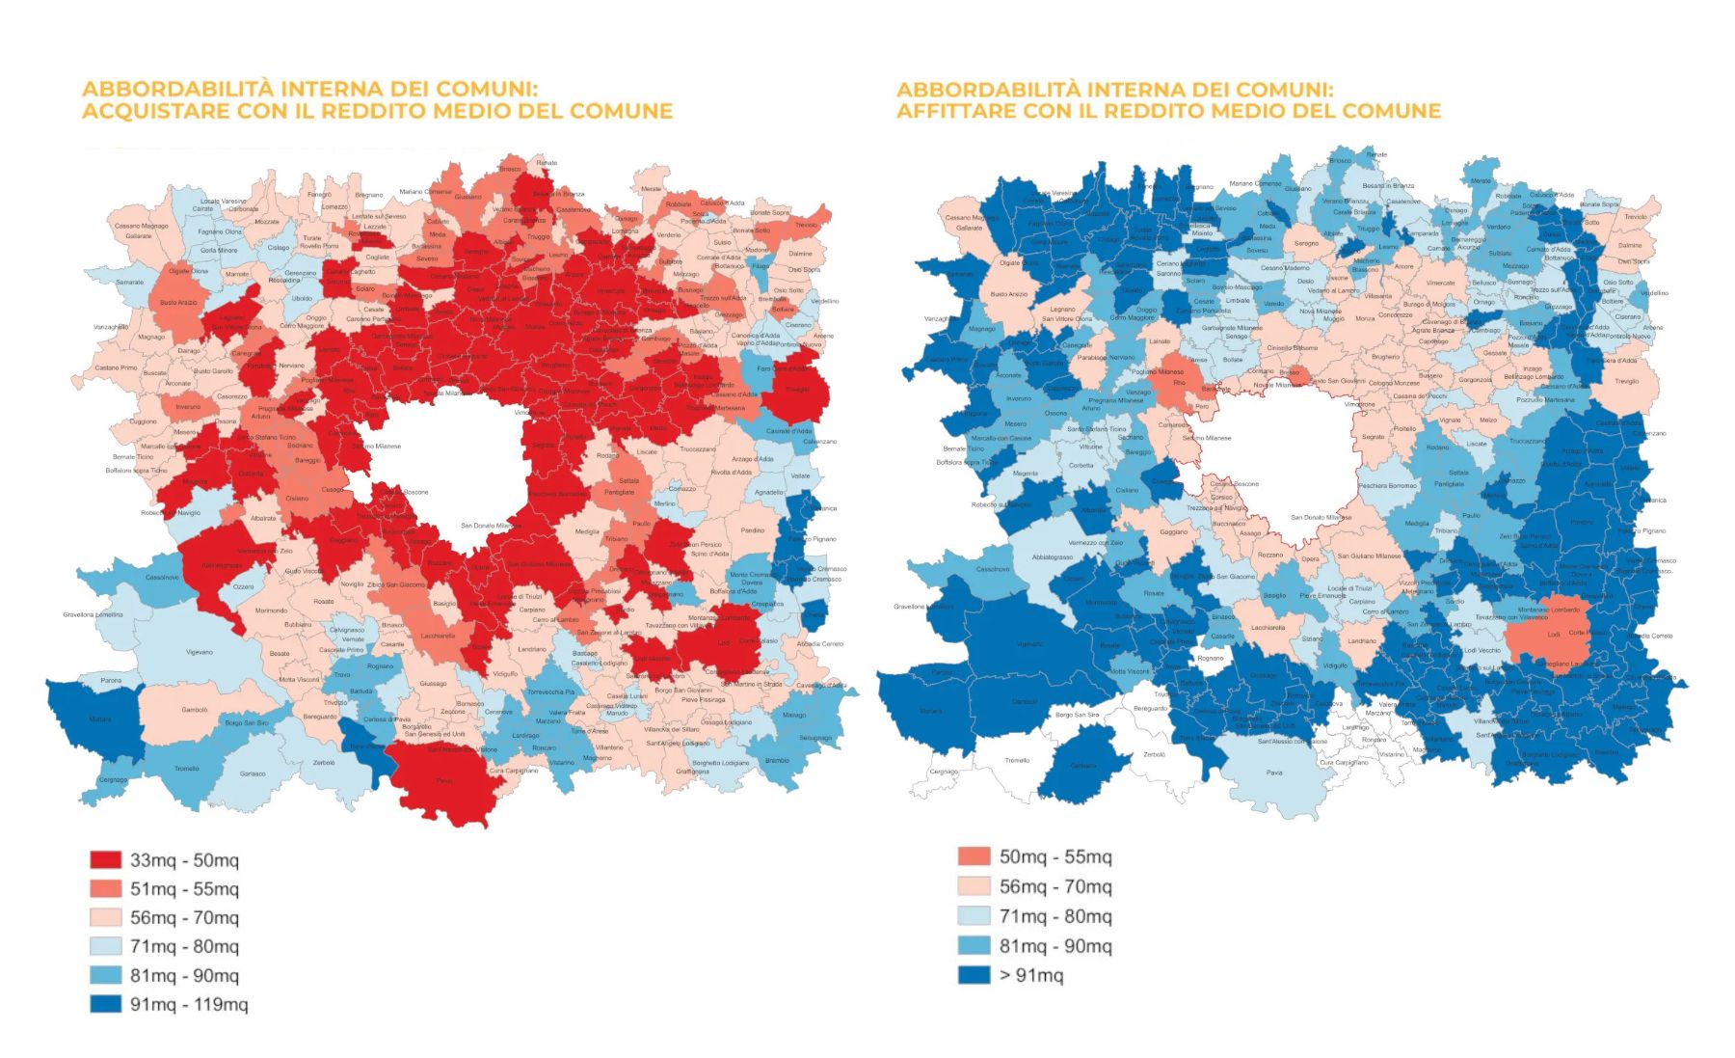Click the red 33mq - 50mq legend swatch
105,859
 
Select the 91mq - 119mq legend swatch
105,1004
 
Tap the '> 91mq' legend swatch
974,974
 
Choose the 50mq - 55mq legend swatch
974,856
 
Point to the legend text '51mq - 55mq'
184,888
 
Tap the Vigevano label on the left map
200,652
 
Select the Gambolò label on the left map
195,710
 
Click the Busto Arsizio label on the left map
178,303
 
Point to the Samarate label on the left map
129,283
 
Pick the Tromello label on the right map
1017,760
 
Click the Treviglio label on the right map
1626,381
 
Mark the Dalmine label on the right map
1630,245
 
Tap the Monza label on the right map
1365,318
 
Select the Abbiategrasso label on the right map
1052,556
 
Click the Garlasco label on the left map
253,773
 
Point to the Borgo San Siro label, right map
1077,715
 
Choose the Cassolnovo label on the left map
162,578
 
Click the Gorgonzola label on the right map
1475,380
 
